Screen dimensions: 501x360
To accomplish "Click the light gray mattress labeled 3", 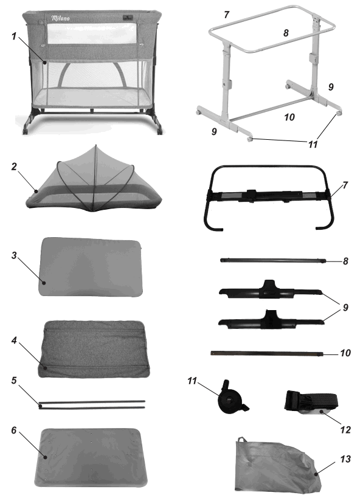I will click(x=92, y=266).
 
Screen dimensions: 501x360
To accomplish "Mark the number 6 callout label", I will click(x=13, y=430).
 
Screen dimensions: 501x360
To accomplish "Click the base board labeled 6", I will click(x=92, y=456).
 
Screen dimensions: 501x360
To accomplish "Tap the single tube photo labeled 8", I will click(x=272, y=261).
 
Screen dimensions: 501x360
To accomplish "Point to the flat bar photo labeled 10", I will click(x=267, y=353).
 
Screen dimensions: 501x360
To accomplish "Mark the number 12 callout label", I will click(x=345, y=429).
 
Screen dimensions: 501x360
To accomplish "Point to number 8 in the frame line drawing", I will click(x=285, y=33).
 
